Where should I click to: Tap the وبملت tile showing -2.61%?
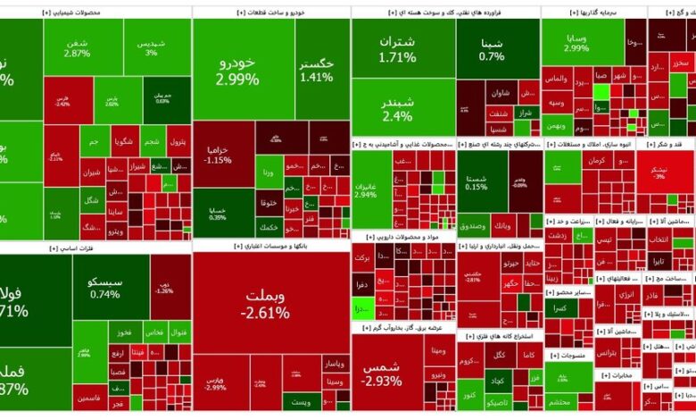point(264,304)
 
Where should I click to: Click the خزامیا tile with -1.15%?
point(219,155)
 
